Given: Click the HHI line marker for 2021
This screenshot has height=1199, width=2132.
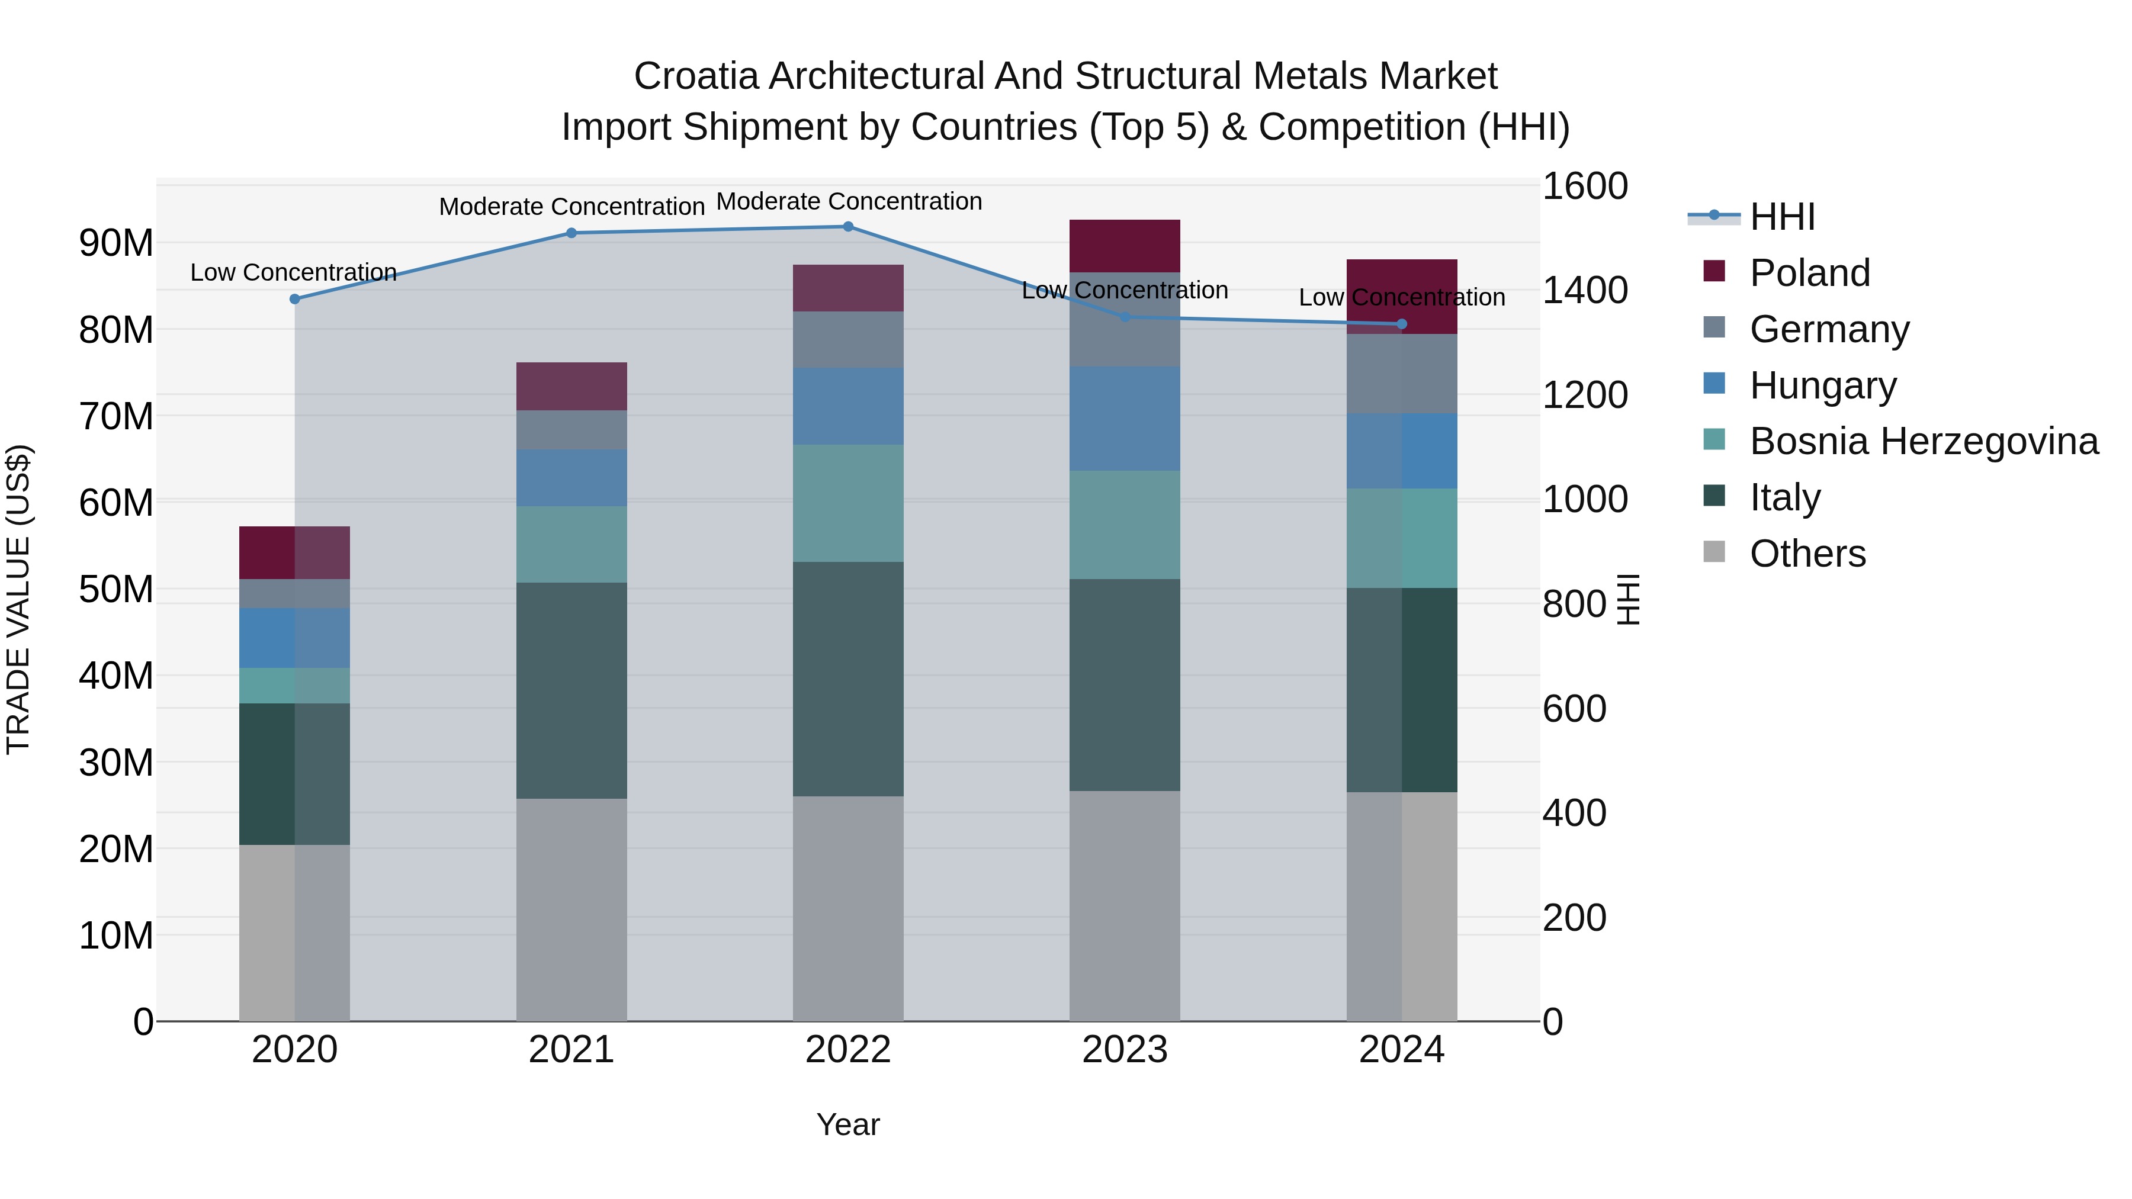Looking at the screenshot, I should click(x=571, y=233).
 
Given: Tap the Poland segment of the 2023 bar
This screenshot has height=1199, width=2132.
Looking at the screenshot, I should click(x=1124, y=246).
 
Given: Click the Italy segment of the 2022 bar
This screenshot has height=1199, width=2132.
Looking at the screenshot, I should click(x=847, y=679).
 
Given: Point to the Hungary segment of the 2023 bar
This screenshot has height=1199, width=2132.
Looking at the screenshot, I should click(x=1124, y=419).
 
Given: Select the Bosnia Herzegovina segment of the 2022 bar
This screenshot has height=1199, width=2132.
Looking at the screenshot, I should click(x=847, y=503).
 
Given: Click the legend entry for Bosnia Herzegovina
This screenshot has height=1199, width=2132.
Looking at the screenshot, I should click(x=1924, y=441).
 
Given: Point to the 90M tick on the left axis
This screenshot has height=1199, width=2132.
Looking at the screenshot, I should click(x=116, y=243).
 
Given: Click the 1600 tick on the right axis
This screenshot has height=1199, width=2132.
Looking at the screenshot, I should click(x=1584, y=186).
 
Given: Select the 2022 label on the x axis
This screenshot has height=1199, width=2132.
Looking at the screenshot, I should click(x=847, y=1050).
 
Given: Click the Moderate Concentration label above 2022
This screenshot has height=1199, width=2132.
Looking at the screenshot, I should click(x=848, y=202).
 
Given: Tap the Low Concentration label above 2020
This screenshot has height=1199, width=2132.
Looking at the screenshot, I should click(x=293, y=272).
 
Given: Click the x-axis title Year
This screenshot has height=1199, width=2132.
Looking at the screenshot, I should click(x=847, y=1124).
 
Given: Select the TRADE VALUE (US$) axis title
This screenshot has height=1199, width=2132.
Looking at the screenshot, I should click(x=18, y=599).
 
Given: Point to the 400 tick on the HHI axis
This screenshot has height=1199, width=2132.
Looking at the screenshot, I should click(x=1574, y=814).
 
